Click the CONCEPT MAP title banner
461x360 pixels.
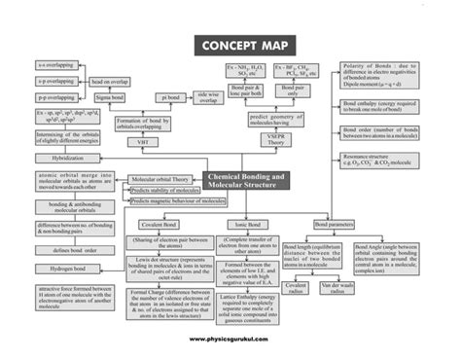[230, 46]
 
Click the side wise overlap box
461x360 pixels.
[209, 97]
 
